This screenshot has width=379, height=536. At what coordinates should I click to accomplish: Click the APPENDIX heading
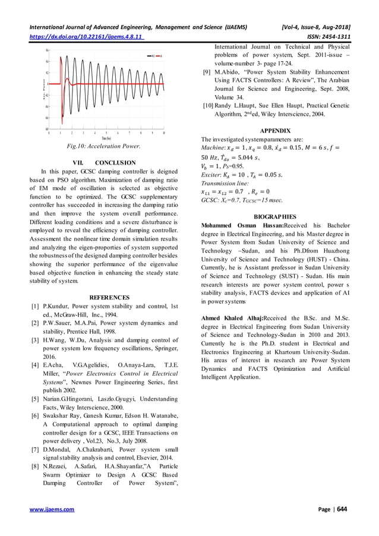click(275, 130)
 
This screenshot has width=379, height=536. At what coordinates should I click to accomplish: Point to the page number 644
click(343, 509)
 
